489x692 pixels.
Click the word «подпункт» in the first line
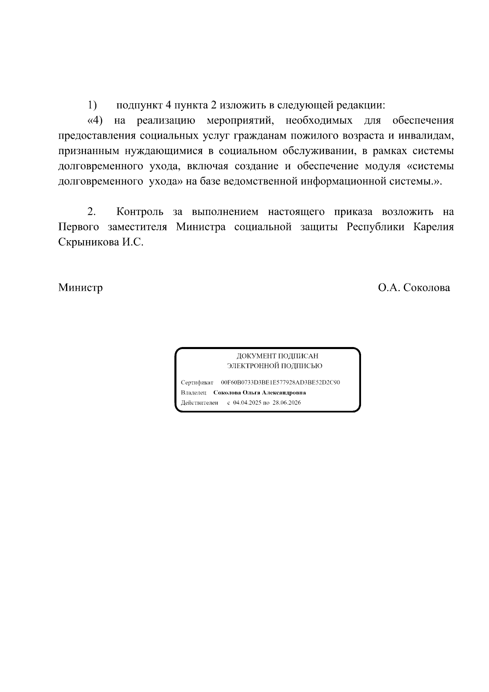pyautogui.click(x=139, y=106)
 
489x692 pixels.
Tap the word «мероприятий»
pyautogui.click(x=239, y=121)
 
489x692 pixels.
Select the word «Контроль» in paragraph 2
pyautogui.click(x=140, y=212)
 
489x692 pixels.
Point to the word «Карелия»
pyautogui.click(x=434, y=227)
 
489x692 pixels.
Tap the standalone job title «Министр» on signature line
pyautogui.click(x=80, y=288)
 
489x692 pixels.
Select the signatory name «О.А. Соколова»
pyautogui.click(x=414, y=288)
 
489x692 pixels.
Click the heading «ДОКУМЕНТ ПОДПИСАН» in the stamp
pyautogui.click(x=278, y=356)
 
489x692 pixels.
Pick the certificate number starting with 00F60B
pyautogui.click(x=280, y=382)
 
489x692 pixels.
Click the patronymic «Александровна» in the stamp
pyautogui.click(x=284, y=393)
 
